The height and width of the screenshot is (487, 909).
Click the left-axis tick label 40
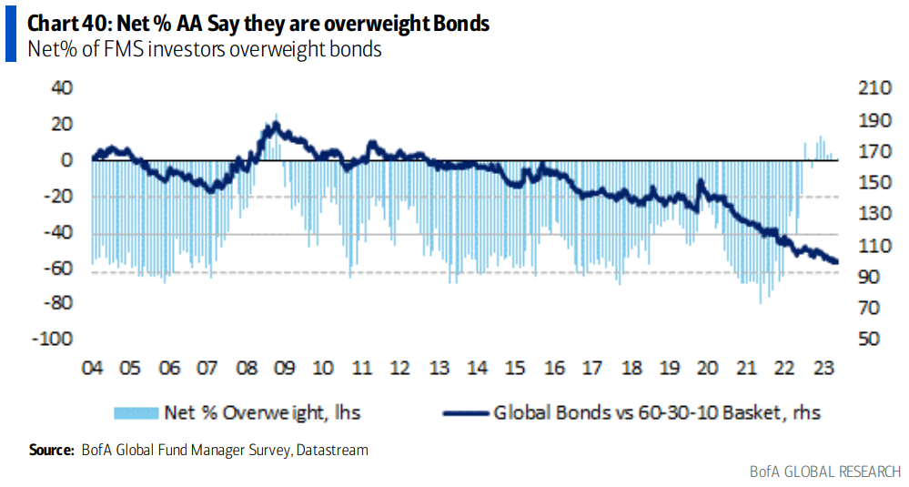click(60, 88)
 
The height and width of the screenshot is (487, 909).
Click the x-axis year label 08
click(246, 369)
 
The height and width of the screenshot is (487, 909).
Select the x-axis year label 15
click(516, 369)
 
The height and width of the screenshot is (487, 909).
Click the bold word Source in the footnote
click(51, 450)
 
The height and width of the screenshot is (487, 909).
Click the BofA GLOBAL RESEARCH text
click(825, 471)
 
